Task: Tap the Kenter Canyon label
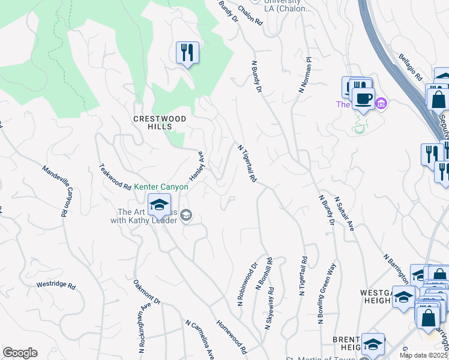pyautogui.click(x=161, y=187)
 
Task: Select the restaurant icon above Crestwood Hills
pyautogui.click(x=187, y=53)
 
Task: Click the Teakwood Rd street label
pyautogui.click(x=115, y=177)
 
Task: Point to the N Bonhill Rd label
pyautogui.click(x=265, y=275)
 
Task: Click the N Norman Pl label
pyautogui.click(x=306, y=75)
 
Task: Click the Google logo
pyautogui.click(x=20, y=353)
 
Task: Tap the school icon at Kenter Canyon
pyautogui.click(x=159, y=205)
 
